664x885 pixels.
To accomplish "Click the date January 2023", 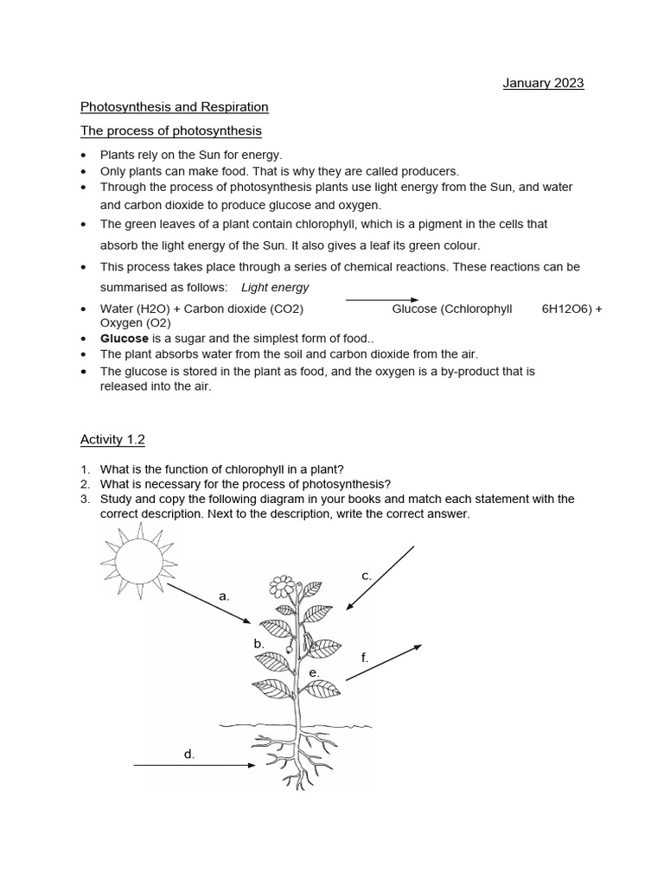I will click(543, 84).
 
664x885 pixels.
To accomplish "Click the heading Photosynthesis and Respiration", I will click(174, 107).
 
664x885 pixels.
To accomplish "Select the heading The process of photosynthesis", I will click(170, 131).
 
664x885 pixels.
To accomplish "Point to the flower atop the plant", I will click(281, 588).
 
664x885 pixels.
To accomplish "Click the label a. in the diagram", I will click(224, 596).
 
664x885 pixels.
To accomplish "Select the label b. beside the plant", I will click(259, 644).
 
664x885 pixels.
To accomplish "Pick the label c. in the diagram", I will click(367, 576).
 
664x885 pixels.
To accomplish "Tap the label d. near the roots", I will click(189, 754).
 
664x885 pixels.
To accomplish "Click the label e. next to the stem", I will click(314, 672).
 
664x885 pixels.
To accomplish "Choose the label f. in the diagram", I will click(365, 658).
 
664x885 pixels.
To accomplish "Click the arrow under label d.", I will click(195, 765).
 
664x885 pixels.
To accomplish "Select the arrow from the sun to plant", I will click(209, 602).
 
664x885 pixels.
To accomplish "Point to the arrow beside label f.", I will click(384, 662).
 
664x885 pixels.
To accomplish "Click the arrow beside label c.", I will click(380, 578).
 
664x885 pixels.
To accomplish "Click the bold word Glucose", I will click(124, 339).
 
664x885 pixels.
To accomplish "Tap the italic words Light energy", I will click(274, 288).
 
